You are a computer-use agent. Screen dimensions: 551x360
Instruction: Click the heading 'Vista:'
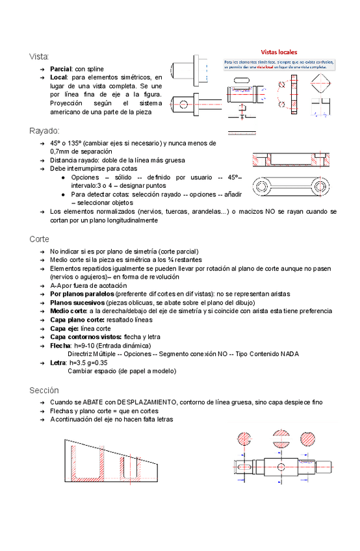(x=39, y=57)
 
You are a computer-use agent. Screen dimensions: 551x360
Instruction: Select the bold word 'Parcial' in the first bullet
(x=60, y=68)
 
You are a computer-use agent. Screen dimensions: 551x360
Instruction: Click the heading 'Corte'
(x=39, y=238)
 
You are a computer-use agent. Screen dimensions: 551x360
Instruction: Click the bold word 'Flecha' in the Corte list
(x=60, y=345)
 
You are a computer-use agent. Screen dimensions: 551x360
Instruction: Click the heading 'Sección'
(x=44, y=390)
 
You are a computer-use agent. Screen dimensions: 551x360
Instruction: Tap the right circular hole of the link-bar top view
(x=319, y=187)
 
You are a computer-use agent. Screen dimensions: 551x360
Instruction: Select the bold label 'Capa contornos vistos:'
(x=82, y=337)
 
